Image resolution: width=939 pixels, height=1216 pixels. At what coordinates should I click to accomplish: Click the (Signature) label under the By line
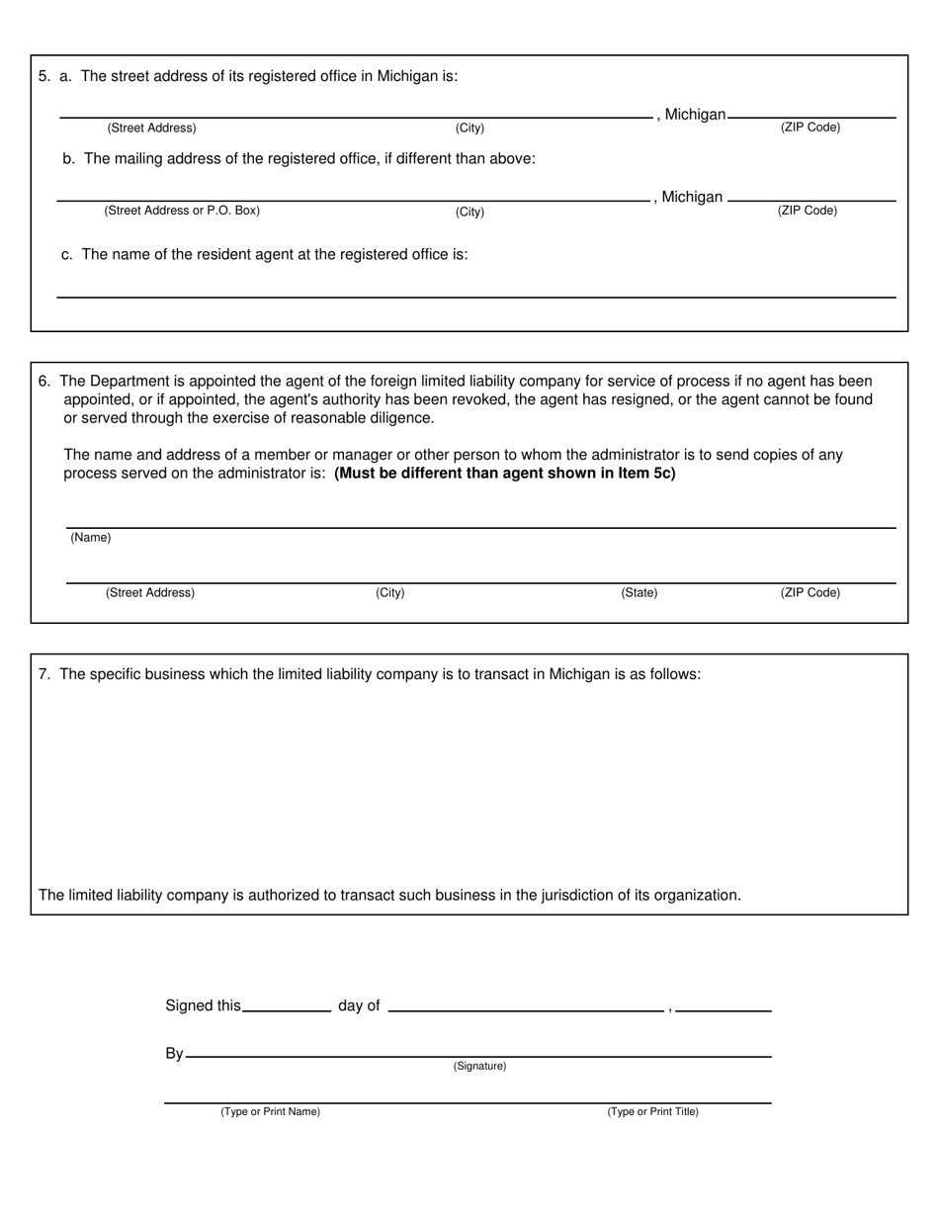(x=479, y=1066)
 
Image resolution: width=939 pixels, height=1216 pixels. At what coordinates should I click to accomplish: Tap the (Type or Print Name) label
(x=270, y=1111)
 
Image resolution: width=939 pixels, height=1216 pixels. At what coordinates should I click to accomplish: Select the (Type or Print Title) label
(x=652, y=1111)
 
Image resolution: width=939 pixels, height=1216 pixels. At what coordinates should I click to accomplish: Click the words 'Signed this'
(x=203, y=1005)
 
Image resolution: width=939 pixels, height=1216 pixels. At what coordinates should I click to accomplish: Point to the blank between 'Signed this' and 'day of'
(x=287, y=1005)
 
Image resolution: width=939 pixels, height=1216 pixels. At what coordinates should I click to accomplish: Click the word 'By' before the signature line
(x=174, y=1054)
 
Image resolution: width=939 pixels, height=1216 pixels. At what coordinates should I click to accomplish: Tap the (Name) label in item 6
(x=90, y=538)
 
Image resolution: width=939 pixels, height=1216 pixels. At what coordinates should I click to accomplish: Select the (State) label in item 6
(x=639, y=593)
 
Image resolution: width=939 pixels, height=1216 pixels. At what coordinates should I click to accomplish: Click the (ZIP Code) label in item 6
(x=810, y=593)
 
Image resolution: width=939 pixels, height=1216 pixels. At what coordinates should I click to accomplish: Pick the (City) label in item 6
(x=389, y=593)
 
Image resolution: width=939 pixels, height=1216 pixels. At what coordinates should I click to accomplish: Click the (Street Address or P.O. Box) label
(x=182, y=211)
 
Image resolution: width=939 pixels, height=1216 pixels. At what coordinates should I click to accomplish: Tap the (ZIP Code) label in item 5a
(x=810, y=128)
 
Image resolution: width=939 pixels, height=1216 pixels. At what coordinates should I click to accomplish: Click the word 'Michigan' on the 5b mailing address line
(x=692, y=197)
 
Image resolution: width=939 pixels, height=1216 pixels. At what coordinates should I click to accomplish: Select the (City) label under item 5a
(x=469, y=129)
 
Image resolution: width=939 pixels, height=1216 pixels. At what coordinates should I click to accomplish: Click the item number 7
(x=43, y=674)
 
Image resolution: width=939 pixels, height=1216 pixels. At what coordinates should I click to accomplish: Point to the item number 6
(x=43, y=381)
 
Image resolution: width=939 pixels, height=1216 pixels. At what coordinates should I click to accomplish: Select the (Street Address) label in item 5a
(x=151, y=129)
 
